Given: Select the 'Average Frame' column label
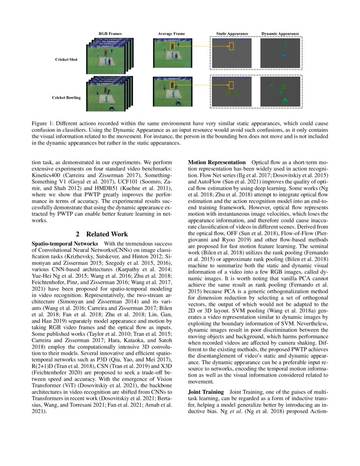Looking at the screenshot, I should point(171,33).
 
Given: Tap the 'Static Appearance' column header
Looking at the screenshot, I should point(232,33).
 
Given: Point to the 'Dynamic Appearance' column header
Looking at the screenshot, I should point(280,33).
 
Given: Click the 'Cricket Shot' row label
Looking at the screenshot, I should point(66,59).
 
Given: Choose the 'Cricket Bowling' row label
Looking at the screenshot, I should point(66,97).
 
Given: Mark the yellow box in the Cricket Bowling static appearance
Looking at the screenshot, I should point(231,85).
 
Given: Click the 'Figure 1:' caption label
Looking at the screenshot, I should point(44,123).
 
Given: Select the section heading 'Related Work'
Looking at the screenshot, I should point(107,234).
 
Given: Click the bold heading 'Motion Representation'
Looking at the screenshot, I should point(216,163).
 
